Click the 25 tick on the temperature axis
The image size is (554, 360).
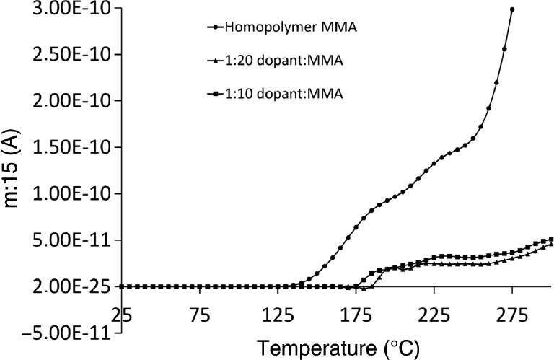coord(122,315)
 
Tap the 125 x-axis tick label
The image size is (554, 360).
coord(278,315)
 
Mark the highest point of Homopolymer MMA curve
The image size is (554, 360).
coord(511,9)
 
